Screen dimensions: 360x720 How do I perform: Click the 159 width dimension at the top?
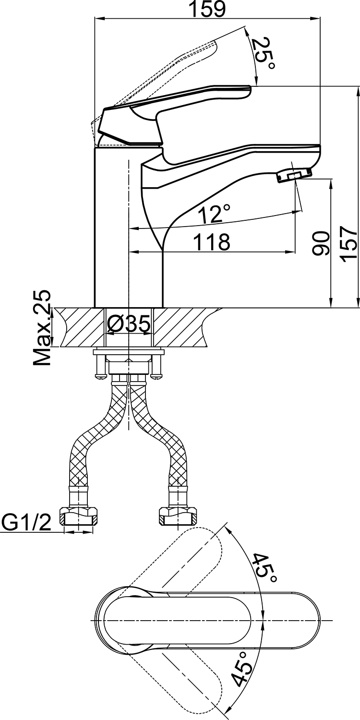pos(207,9)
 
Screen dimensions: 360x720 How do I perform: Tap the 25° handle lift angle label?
pos(264,54)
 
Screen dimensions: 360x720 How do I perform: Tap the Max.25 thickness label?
pos(42,328)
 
